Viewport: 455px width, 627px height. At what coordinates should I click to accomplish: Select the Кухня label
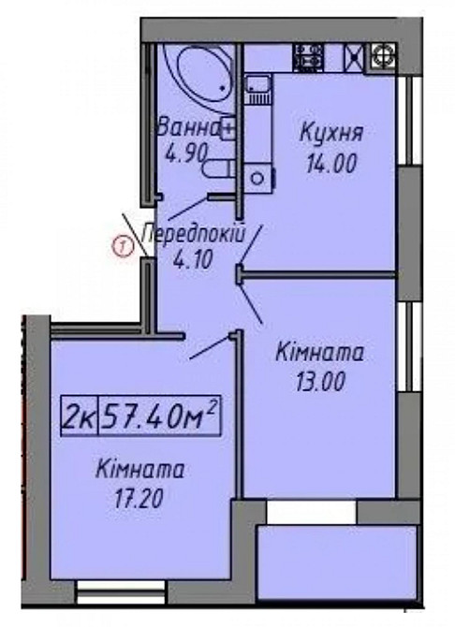(330, 133)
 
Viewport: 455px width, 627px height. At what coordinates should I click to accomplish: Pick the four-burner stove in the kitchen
(310, 55)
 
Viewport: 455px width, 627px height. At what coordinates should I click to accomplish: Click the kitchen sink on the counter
(257, 88)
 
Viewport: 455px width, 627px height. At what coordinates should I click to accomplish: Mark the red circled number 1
(120, 247)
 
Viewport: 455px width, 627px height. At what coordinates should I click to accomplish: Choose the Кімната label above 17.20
(139, 471)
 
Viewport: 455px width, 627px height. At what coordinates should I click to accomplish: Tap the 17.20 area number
(140, 499)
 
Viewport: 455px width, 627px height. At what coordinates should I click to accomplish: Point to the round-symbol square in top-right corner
(382, 54)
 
